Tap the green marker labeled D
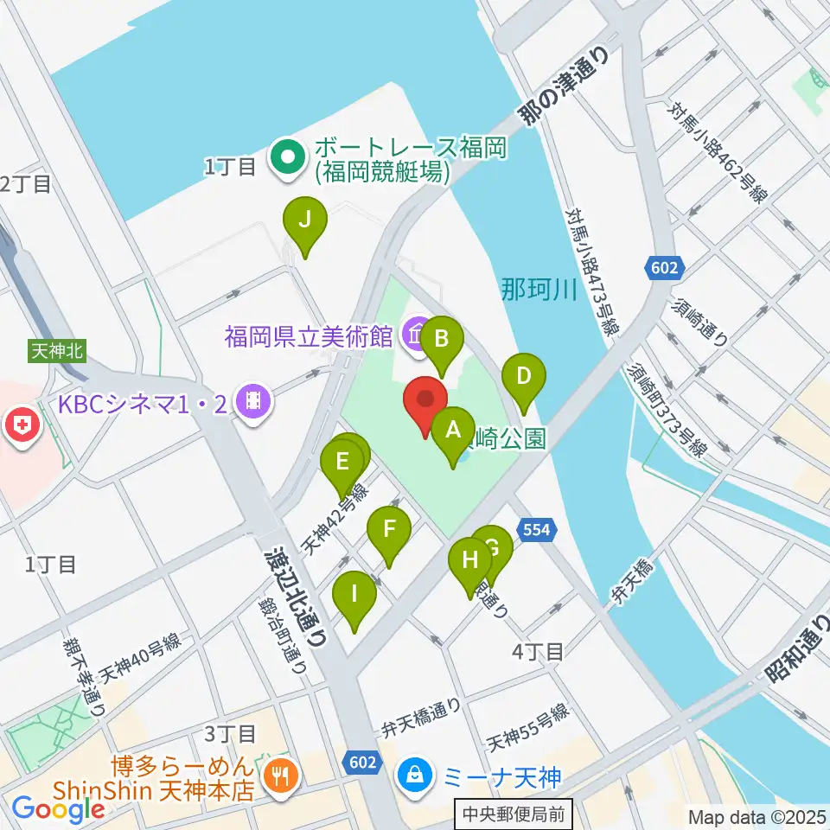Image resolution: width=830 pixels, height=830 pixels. [524, 377]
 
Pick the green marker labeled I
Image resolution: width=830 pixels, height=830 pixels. [354, 594]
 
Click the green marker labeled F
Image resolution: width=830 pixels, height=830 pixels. [389, 529]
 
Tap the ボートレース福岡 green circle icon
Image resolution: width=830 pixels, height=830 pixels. [287, 156]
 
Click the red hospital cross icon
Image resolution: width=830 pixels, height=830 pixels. [19, 425]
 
